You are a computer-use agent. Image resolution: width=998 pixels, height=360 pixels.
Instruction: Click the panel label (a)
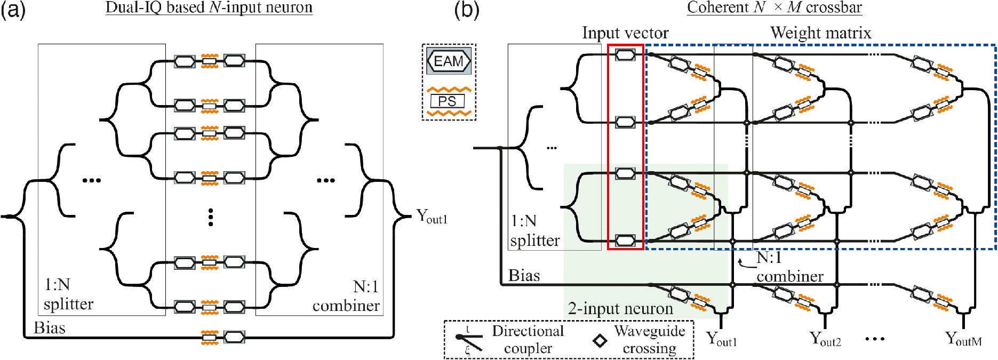click(x=13, y=10)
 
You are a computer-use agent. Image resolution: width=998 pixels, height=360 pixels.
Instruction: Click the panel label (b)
click(x=466, y=10)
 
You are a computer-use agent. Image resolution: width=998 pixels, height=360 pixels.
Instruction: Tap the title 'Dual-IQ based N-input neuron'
click(x=209, y=7)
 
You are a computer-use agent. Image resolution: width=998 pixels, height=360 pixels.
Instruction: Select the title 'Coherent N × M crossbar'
click(x=774, y=7)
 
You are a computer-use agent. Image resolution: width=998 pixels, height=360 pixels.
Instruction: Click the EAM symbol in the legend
click(x=449, y=61)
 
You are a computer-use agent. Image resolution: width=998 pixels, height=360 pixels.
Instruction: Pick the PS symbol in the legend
click(x=448, y=101)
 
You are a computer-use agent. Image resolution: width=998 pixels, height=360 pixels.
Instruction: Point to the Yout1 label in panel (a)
click(x=432, y=217)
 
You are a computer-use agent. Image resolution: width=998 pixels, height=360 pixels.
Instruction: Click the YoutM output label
click(x=963, y=339)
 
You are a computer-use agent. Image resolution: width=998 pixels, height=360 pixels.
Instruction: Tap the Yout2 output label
click(x=825, y=339)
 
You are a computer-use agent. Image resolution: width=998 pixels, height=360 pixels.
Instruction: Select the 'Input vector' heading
click(x=625, y=33)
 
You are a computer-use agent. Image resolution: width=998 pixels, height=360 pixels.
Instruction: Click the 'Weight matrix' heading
click(x=820, y=33)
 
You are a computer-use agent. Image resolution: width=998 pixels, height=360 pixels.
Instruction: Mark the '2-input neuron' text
click(x=620, y=308)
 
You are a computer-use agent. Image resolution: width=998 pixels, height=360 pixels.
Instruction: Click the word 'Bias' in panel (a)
click(x=50, y=327)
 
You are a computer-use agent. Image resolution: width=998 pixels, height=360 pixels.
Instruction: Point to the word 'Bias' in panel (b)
click(x=524, y=275)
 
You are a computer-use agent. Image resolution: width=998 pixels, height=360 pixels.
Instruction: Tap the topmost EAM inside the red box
click(x=625, y=54)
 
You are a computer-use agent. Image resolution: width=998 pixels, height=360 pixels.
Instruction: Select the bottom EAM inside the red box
click(x=625, y=241)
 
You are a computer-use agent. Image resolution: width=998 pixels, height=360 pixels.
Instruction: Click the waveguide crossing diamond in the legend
click(x=600, y=340)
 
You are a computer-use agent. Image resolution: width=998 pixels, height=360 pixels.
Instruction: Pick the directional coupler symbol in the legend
click(x=468, y=340)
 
